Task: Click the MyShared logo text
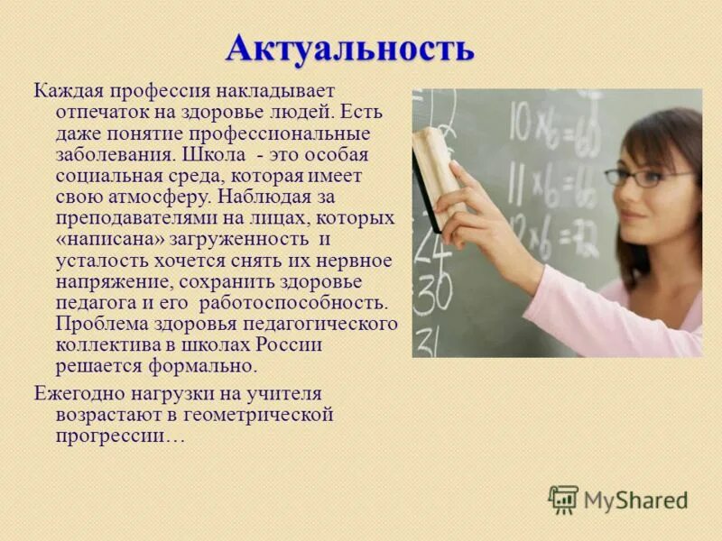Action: click(x=635, y=500)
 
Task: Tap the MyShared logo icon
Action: click(x=563, y=499)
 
